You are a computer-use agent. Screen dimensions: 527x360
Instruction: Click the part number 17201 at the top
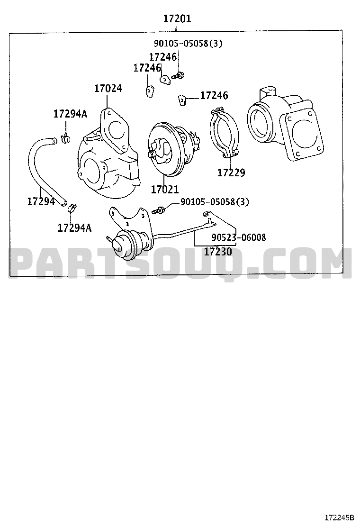click(x=177, y=19)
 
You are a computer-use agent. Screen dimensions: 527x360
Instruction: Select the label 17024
click(x=108, y=88)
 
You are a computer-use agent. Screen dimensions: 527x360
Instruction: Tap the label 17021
click(x=165, y=190)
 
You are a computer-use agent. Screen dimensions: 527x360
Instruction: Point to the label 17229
click(x=231, y=173)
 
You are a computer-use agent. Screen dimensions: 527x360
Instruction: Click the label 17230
click(x=218, y=252)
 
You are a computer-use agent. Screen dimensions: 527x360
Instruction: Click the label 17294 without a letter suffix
click(x=41, y=201)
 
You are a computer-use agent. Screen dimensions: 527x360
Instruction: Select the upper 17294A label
click(x=70, y=114)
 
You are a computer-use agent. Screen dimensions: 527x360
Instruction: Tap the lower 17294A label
click(x=74, y=227)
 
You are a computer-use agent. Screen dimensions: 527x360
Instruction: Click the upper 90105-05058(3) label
click(x=188, y=44)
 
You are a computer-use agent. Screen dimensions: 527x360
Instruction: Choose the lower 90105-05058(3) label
click(x=215, y=202)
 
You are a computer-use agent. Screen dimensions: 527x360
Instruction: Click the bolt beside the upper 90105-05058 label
click(x=178, y=75)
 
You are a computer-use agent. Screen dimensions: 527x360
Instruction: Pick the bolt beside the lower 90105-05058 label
click(x=160, y=209)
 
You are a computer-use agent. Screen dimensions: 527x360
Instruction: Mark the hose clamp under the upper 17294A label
click(x=65, y=139)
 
